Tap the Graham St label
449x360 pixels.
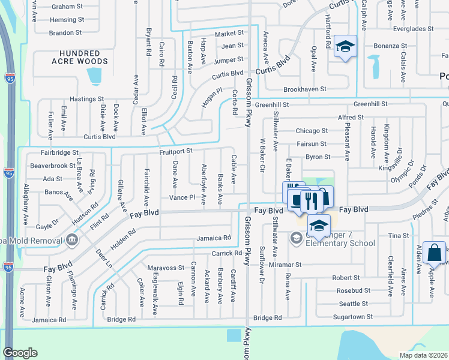point(67,7)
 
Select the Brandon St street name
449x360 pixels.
point(66,33)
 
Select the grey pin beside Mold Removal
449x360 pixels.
point(72,241)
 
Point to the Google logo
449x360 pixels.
point(20,353)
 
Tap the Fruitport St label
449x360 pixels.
point(175,152)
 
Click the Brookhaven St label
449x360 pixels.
point(304,89)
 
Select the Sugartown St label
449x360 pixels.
point(352,316)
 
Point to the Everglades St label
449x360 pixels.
point(413,29)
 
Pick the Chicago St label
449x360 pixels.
point(312,131)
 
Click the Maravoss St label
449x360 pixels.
point(166,268)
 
